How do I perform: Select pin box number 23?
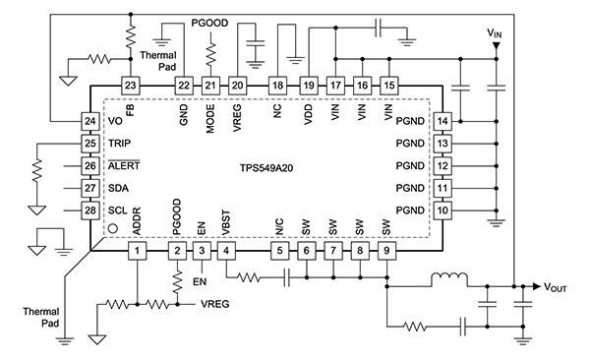[131, 86]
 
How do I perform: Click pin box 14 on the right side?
[443, 121]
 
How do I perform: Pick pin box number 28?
[89, 210]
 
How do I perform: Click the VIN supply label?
[499, 34]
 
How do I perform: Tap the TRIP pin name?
[121, 144]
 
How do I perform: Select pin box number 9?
[388, 252]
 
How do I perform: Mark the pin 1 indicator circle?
[112, 229]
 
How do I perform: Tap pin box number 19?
[308, 86]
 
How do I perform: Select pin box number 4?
[227, 252]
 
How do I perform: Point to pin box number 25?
[89, 144]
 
